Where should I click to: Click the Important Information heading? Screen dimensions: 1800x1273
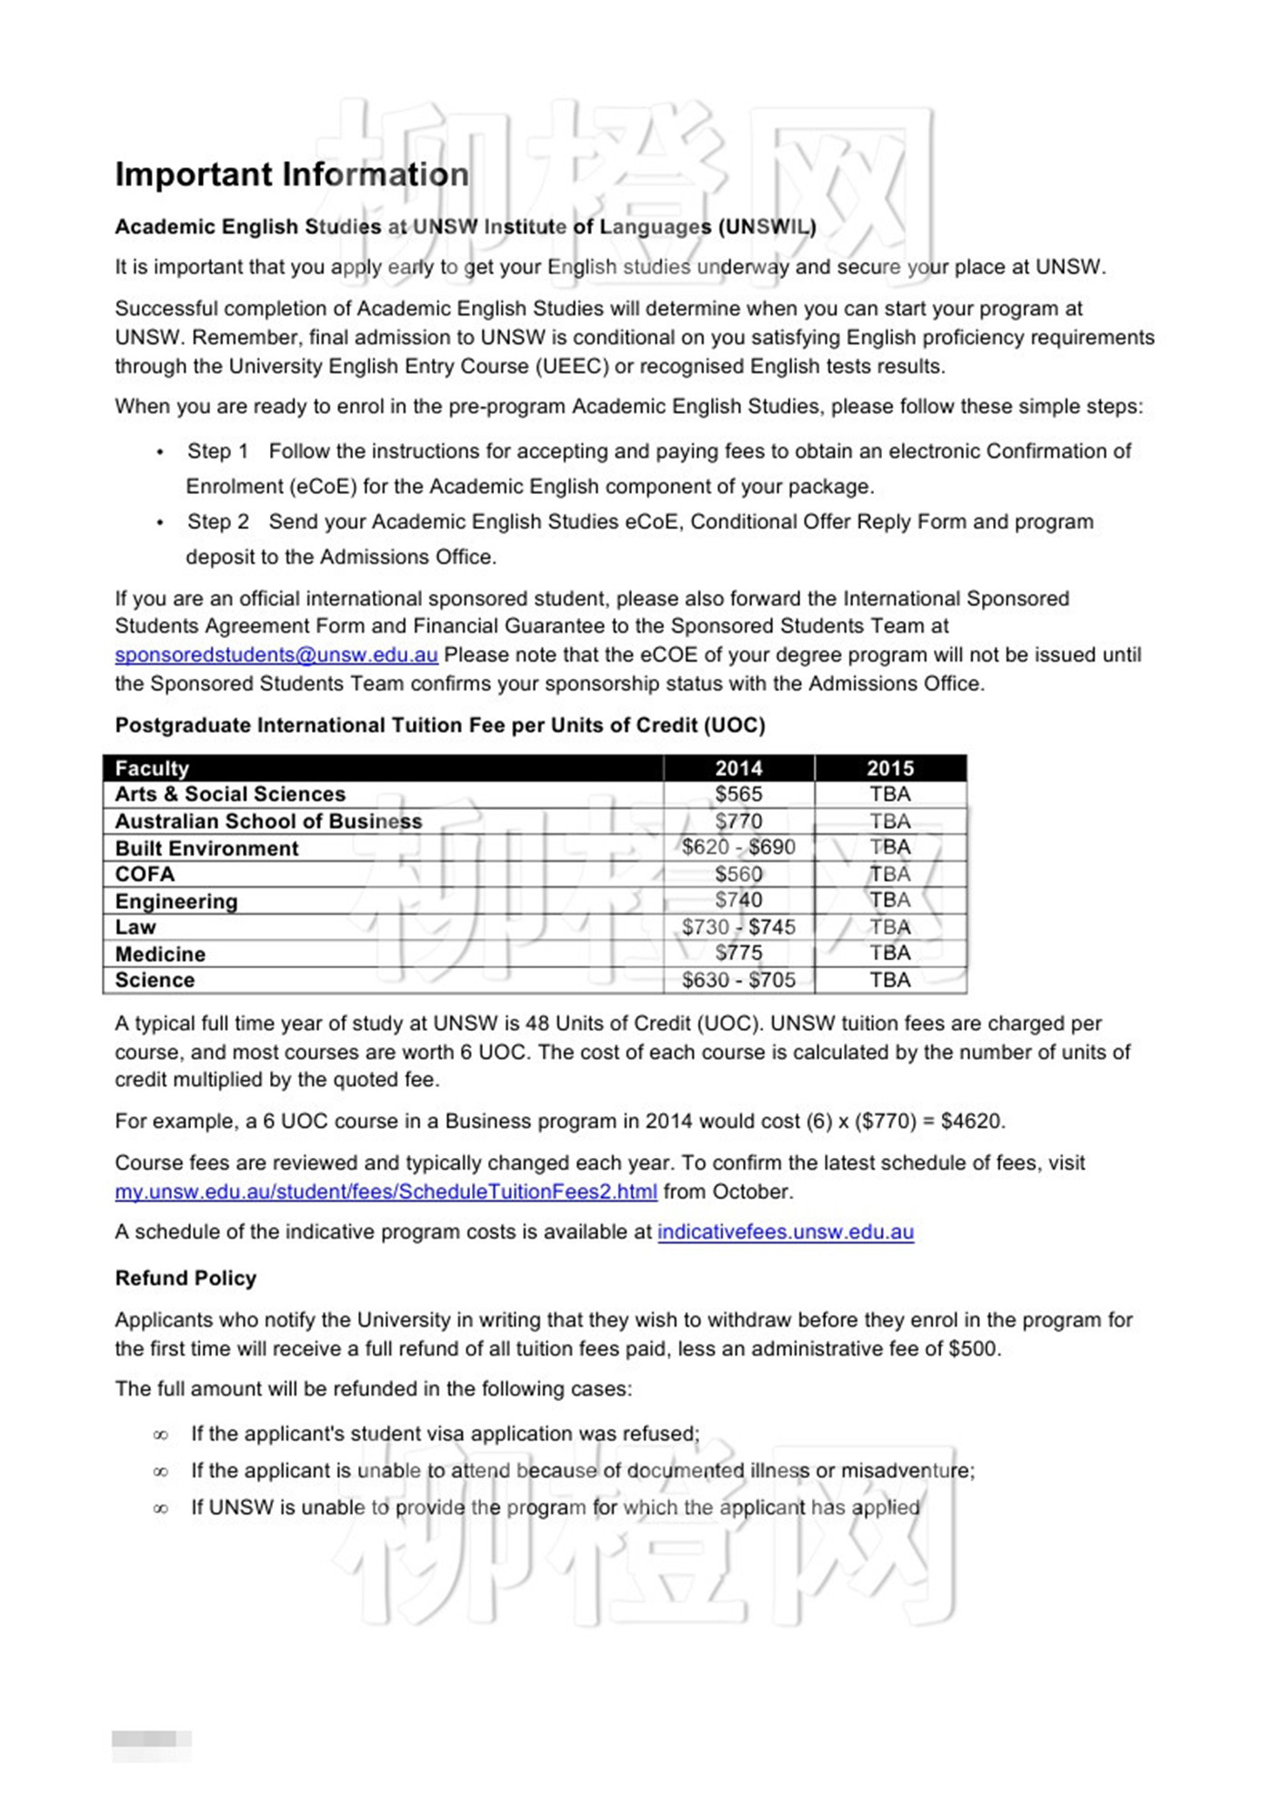(x=292, y=175)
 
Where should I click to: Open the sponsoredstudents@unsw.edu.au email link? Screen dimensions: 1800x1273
(x=276, y=655)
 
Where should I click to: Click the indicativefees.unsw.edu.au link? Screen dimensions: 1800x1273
(x=786, y=1232)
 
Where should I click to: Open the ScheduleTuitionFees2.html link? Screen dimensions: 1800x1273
(x=386, y=1192)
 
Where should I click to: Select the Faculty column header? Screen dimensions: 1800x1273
(x=152, y=768)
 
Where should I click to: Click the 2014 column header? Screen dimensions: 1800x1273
(x=738, y=768)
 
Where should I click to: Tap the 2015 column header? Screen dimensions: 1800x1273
(x=889, y=768)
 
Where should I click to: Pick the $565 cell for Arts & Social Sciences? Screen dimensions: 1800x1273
(x=738, y=795)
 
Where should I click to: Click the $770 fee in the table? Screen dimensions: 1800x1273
(x=738, y=821)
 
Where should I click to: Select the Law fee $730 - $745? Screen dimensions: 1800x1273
(x=738, y=927)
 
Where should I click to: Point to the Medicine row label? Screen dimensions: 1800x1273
(x=160, y=954)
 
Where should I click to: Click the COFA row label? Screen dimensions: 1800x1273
(x=145, y=875)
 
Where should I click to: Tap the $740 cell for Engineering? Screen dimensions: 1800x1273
(x=738, y=900)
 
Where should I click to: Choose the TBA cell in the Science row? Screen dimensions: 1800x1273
(x=889, y=980)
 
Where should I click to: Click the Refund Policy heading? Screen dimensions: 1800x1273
(x=185, y=1278)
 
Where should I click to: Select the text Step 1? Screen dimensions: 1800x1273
(x=217, y=452)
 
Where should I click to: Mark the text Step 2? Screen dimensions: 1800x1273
(x=217, y=522)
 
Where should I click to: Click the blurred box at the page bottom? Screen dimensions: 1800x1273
(x=151, y=1738)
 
